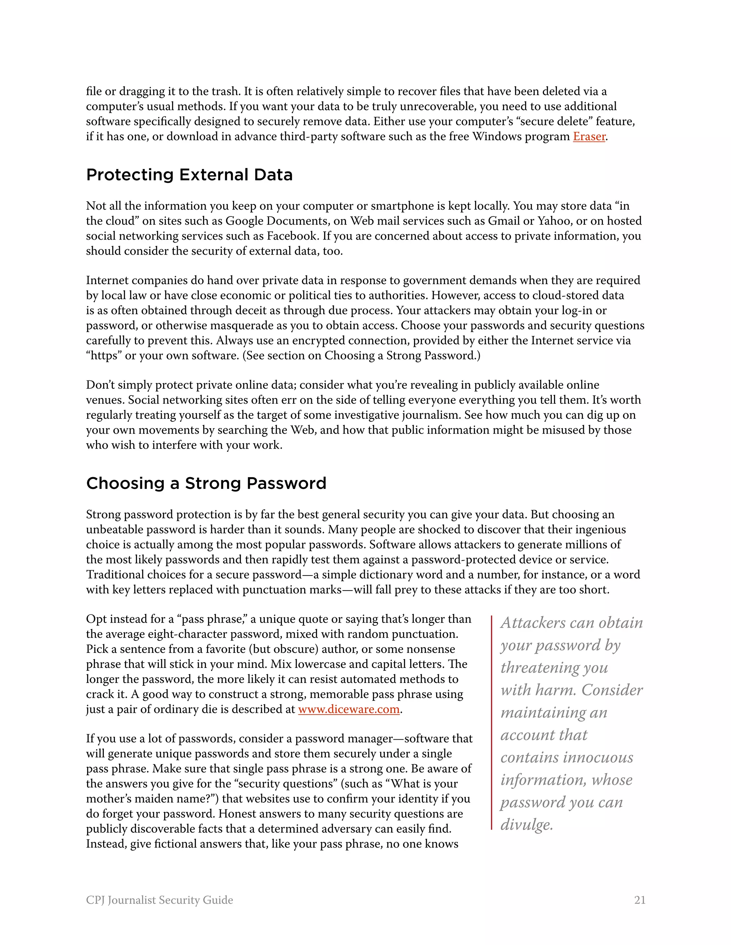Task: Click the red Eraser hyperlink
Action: tap(589, 136)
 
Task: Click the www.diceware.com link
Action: tap(349, 709)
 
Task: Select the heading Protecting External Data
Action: tap(189, 175)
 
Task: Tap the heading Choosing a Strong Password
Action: tap(206, 483)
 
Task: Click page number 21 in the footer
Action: tap(640, 900)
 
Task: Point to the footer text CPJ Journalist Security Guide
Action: tap(159, 900)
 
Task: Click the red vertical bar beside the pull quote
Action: tap(492, 722)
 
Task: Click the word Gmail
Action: tap(504, 221)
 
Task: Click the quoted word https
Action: tap(104, 356)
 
